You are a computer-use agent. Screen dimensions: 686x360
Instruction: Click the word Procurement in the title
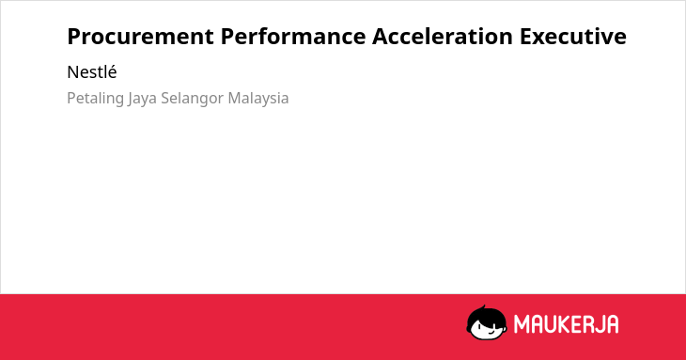click(x=140, y=37)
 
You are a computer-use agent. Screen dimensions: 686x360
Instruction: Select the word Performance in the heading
click(x=293, y=37)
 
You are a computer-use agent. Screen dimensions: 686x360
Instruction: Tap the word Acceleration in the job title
click(x=443, y=37)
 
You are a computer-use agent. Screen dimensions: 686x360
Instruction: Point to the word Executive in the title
click(x=573, y=37)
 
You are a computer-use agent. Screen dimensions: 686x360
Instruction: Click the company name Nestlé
click(x=92, y=72)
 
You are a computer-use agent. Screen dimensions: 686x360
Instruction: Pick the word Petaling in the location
click(x=95, y=98)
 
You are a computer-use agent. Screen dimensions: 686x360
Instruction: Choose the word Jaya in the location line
click(x=142, y=99)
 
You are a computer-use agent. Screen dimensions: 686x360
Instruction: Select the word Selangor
click(x=193, y=99)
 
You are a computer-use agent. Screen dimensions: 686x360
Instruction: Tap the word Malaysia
click(x=258, y=98)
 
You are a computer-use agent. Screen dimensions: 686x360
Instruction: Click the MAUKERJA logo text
click(x=566, y=324)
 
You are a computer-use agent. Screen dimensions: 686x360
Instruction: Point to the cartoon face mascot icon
click(x=487, y=322)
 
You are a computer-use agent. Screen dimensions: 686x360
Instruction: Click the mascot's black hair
click(x=486, y=314)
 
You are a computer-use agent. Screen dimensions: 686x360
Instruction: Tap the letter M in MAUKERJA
click(x=522, y=324)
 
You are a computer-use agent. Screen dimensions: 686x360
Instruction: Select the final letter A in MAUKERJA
click(x=612, y=324)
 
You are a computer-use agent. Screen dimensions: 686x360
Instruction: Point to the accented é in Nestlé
click(x=112, y=72)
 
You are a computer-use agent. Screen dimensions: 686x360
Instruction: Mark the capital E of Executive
click(x=526, y=37)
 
